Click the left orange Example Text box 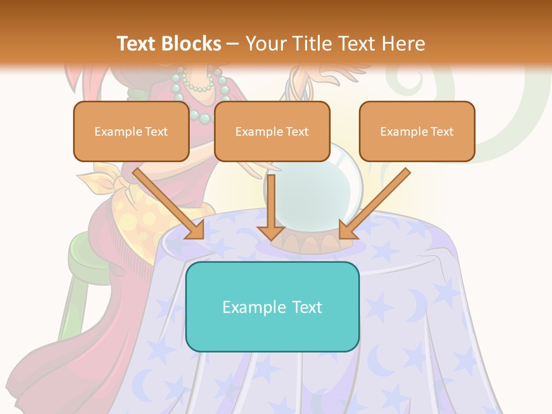[131, 131]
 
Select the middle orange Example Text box [272, 131]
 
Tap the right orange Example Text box [417, 131]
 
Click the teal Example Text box [272, 306]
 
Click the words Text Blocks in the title [168, 44]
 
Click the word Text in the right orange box [442, 131]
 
